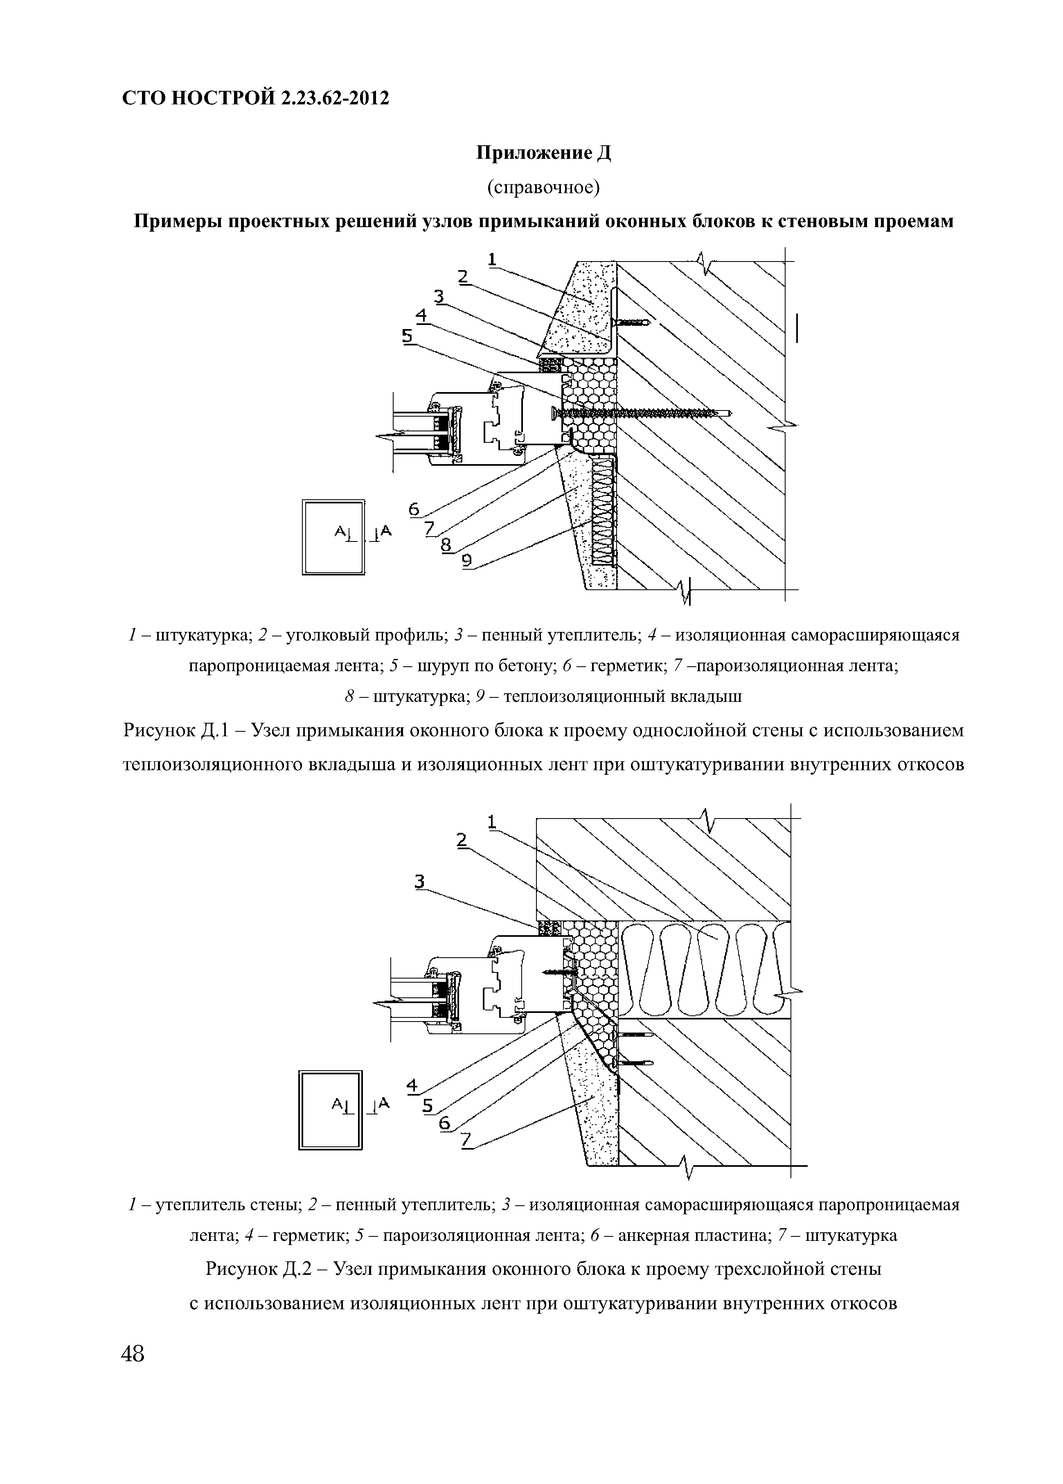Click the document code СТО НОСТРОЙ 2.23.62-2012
point(256,98)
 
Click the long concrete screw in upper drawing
point(641,412)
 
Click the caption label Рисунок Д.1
point(175,730)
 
